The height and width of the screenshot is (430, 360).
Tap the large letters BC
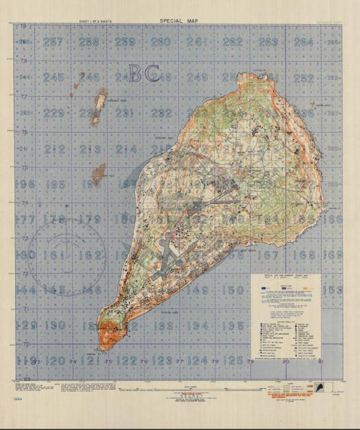[144, 74]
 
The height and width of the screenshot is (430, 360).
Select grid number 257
[54, 42]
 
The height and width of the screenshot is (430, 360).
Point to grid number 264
[304, 42]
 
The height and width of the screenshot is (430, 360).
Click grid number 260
[160, 42]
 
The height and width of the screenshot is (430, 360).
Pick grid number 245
[54, 77]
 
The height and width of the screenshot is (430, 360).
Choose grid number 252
[304, 77]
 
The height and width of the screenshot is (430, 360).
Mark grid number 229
[54, 113]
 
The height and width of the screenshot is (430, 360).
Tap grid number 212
[54, 149]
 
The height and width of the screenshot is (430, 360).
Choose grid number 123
[163, 360]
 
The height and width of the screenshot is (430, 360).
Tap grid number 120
[55, 360]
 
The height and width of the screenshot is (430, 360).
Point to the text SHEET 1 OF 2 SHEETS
[99, 22]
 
